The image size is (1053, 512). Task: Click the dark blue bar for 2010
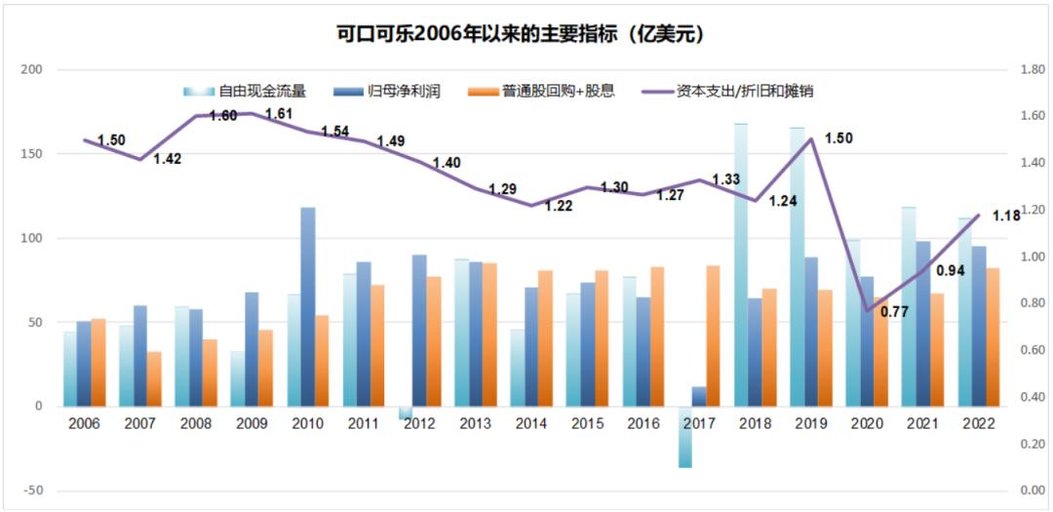click(x=307, y=306)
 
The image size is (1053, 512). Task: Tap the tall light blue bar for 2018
click(x=740, y=264)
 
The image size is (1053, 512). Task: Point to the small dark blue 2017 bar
click(x=699, y=396)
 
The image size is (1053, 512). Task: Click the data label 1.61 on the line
click(x=279, y=114)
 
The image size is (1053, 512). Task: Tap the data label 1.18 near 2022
click(x=1006, y=217)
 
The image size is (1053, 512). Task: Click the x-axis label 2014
click(x=531, y=423)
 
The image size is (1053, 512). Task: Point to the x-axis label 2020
click(x=866, y=423)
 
